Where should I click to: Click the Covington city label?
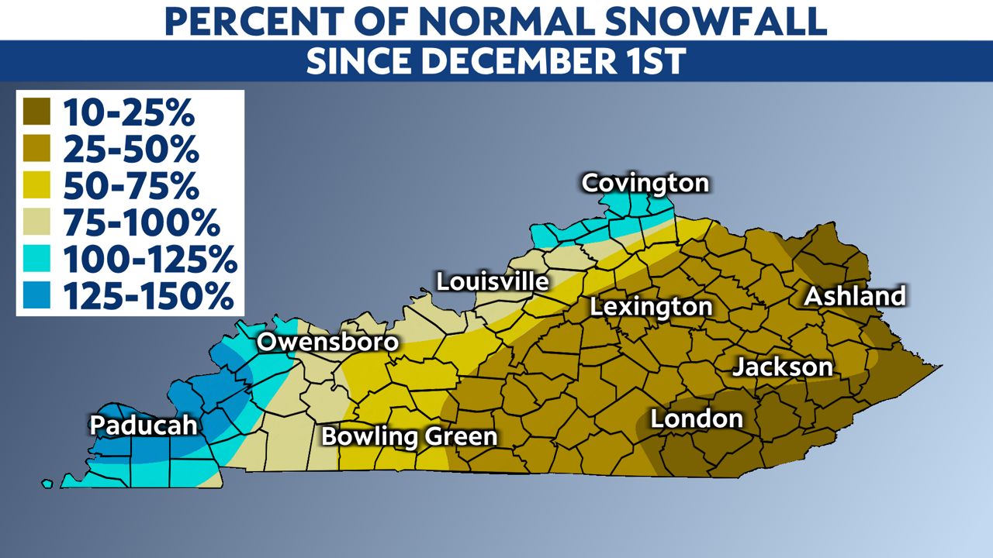pos(645,184)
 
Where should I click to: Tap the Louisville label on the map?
pos(492,281)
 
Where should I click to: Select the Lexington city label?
pos(651,307)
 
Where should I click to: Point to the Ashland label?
pos(854,296)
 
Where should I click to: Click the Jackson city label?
pos(783,367)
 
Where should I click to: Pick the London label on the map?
pos(697,419)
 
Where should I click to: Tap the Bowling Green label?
pos(409,436)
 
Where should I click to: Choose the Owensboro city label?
pos(327,343)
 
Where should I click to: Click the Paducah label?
pos(144,425)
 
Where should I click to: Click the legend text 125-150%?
pos(148,297)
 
